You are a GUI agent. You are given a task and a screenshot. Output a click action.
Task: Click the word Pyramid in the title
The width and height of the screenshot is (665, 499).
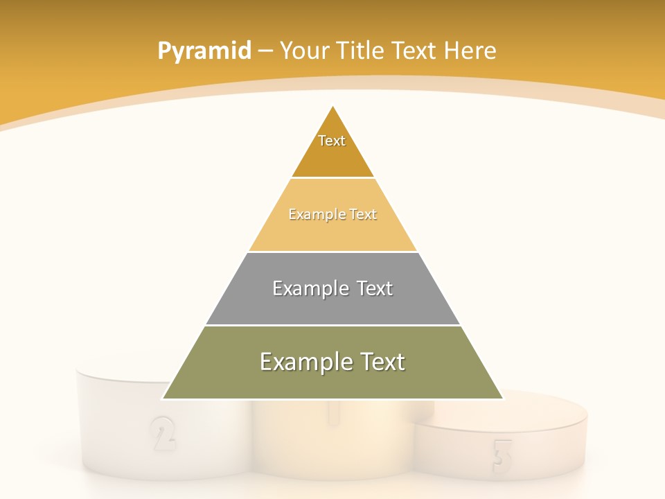[204, 51]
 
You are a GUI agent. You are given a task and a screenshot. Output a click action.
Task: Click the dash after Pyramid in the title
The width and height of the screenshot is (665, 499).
[265, 51]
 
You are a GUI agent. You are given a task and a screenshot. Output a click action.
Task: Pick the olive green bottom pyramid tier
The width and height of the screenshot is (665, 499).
[332, 381]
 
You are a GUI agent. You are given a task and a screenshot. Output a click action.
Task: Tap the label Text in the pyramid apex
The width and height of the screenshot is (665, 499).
[332, 141]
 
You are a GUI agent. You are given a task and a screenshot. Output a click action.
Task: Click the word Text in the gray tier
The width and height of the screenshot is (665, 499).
[375, 288]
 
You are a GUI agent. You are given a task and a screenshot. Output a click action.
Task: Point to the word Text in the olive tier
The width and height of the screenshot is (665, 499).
[382, 362]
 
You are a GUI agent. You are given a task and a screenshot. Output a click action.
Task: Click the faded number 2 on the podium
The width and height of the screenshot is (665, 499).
[162, 433]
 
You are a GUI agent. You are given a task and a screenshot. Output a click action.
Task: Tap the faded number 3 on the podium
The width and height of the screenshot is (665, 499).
[502, 457]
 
